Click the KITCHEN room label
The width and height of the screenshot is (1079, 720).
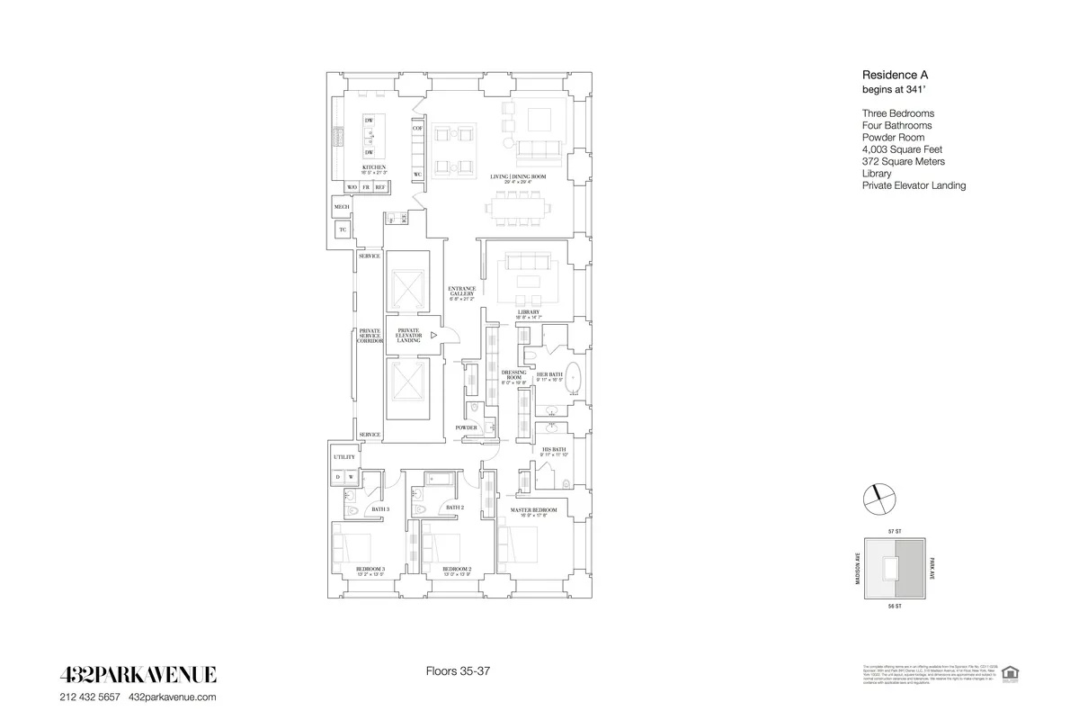[x=374, y=167]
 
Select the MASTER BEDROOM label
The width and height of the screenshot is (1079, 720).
[x=534, y=510]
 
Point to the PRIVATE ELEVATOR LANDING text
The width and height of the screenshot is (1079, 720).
[x=408, y=335]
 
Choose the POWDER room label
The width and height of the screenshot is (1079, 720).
[x=465, y=427]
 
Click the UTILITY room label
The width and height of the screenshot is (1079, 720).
[x=344, y=457]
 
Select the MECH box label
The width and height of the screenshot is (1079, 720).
[x=342, y=207]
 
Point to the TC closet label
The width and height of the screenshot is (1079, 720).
[x=343, y=230]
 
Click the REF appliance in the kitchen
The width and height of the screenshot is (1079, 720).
[x=380, y=187]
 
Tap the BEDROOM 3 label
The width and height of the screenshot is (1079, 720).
[x=370, y=569]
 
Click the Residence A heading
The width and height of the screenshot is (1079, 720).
[x=893, y=76]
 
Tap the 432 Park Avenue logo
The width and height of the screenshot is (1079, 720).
[x=138, y=675]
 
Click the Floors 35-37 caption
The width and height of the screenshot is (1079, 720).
[x=456, y=671]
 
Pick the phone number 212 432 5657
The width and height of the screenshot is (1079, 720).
[x=90, y=697]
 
